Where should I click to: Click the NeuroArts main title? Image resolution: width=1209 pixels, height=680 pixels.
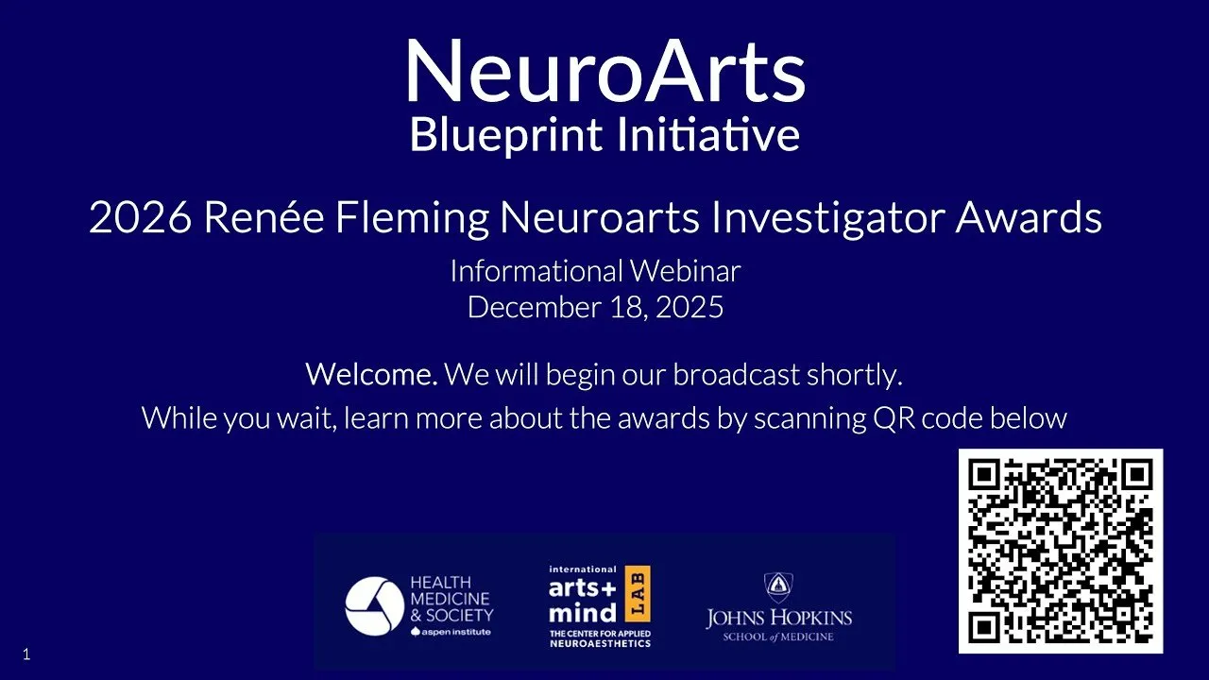(x=604, y=72)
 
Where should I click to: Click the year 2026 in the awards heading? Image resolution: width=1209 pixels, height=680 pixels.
(x=140, y=219)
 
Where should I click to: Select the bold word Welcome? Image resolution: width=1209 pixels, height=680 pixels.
(x=370, y=375)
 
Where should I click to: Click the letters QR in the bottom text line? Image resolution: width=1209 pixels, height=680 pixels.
(x=893, y=417)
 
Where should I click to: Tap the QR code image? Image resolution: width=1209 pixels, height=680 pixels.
(x=1061, y=552)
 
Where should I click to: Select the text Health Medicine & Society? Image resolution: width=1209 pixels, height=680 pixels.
(x=451, y=598)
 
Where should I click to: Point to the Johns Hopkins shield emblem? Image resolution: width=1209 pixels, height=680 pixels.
(x=778, y=587)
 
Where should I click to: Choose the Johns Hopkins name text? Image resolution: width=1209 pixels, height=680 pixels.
(x=778, y=620)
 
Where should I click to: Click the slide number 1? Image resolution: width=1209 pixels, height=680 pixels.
(x=26, y=654)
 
